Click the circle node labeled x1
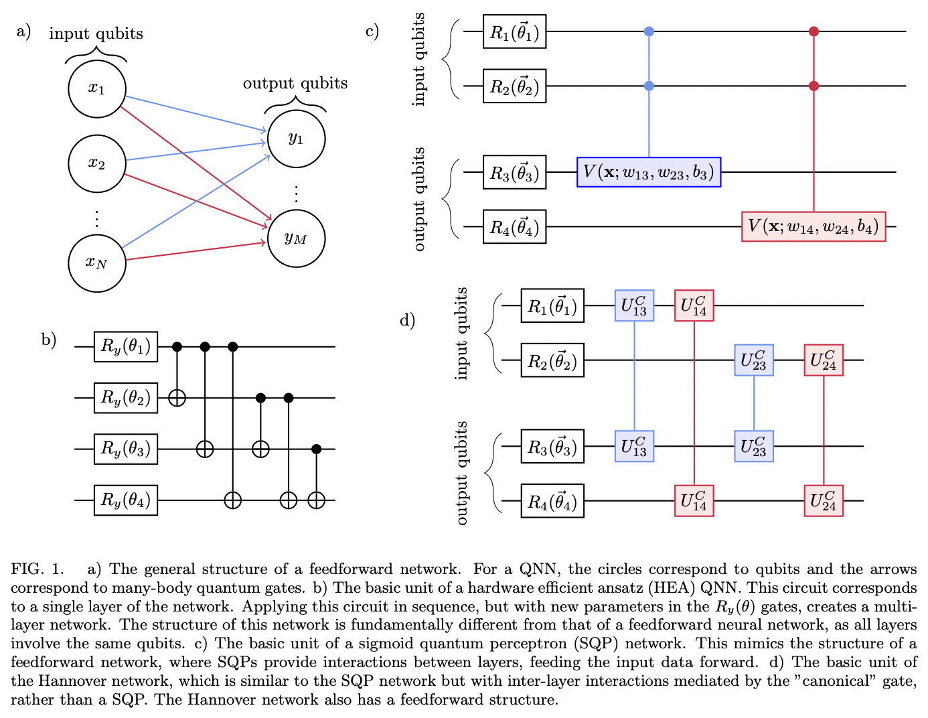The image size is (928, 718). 97,88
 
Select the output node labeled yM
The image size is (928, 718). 296,238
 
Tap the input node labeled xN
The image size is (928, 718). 97,263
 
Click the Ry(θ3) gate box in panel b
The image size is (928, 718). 126,449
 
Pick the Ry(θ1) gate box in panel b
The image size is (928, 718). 126,346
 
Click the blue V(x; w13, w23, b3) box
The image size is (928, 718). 648,172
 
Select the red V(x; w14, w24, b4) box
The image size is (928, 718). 813,226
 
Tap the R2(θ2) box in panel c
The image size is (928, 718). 514,86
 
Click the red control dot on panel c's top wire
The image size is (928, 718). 814,31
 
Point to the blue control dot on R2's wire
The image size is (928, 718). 648,86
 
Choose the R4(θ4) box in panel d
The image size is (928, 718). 552,502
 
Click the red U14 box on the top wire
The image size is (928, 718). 694,305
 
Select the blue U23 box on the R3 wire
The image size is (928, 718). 753,446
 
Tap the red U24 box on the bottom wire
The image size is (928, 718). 823,500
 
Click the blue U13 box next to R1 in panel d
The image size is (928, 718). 633,305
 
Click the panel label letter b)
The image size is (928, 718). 49,340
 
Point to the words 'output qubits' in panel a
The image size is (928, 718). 295,83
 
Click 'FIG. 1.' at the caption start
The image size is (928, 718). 37,569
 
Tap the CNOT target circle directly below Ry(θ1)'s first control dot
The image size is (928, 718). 177,398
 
